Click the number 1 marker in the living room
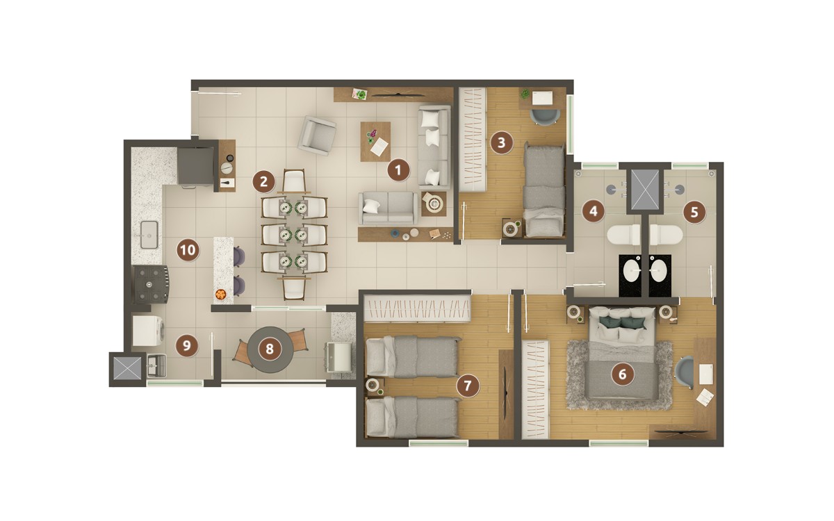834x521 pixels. tap(398, 170)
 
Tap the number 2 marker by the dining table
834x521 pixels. tap(263, 182)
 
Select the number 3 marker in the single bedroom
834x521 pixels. tap(500, 144)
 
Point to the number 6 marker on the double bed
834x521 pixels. tap(622, 374)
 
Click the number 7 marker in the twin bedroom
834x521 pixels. tap(468, 386)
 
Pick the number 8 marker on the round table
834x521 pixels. tap(270, 349)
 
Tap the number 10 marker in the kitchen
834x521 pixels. tap(187, 249)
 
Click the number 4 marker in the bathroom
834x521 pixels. tap(593, 210)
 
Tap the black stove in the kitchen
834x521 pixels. tap(152, 284)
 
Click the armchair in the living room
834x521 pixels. tap(317, 135)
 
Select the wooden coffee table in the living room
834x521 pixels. tap(375, 142)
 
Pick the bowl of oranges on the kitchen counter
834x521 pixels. tap(221, 295)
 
